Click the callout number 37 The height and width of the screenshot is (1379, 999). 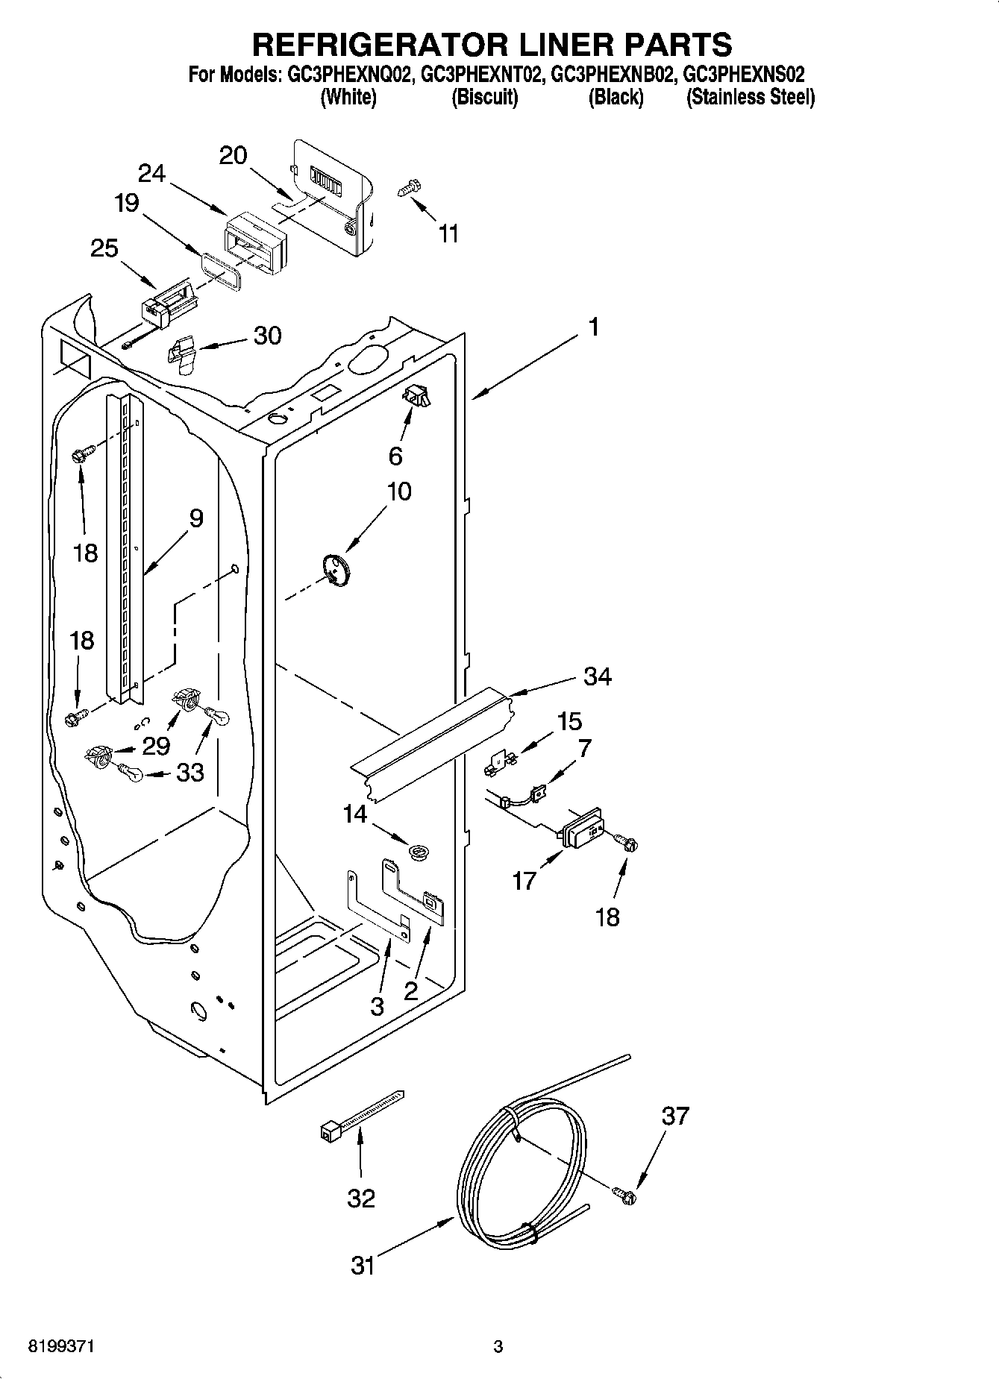(x=675, y=1116)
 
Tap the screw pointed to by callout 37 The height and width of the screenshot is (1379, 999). (x=624, y=1195)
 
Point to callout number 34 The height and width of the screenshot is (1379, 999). (x=597, y=676)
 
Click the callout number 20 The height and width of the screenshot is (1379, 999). (x=233, y=155)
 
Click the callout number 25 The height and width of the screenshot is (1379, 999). (x=104, y=248)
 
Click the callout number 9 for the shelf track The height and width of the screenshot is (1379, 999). (x=196, y=518)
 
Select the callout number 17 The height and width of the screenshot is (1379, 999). (x=524, y=881)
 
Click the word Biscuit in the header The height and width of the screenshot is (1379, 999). (x=484, y=97)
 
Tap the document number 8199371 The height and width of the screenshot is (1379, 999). (x=61, y=1347)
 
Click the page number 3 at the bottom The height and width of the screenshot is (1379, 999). (x=498, y=1347)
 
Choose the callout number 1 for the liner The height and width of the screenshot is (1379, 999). (x=593, y=327)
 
